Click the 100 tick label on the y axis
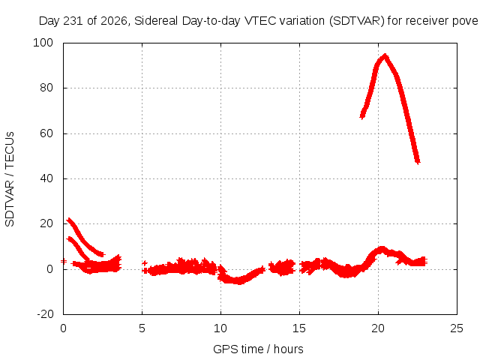(43, 43)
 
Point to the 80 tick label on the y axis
(46, 88)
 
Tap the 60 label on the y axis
(46, 133)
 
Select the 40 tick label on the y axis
(46, 178)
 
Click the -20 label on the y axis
(45, 314)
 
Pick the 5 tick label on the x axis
(142, 328)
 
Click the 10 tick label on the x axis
(220, 328)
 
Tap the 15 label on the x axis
(299, 328)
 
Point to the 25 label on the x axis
(457, 328)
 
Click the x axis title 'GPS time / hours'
(258, 349)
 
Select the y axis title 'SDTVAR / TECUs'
(10, 179)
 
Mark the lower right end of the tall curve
(418, 162)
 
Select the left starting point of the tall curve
(362, 116)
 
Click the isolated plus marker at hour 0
(63, 261)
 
